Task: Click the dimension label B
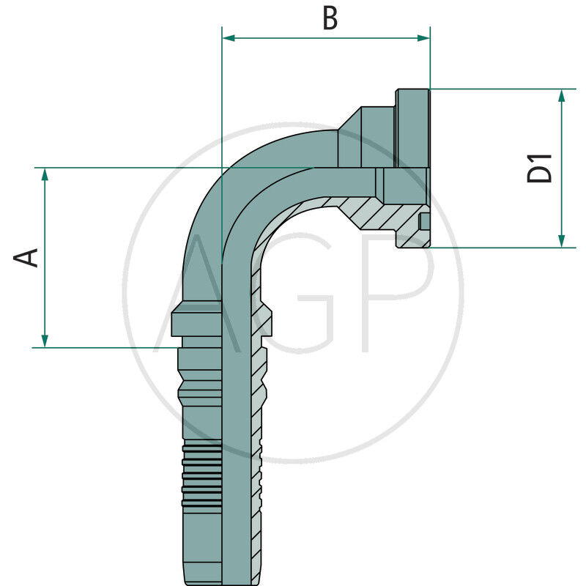[330, 19]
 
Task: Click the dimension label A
[27, 257]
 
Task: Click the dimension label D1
[541, 168]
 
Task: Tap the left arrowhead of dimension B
[228, 37]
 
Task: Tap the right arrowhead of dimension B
[424, 37]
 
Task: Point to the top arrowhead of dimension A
[45, 174]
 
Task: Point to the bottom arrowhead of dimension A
[45, 341]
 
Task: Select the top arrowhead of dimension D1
[562, 95]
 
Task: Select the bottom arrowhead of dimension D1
[562, 241]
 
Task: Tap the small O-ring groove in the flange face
[424, 223]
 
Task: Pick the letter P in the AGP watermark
[396, 293]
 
